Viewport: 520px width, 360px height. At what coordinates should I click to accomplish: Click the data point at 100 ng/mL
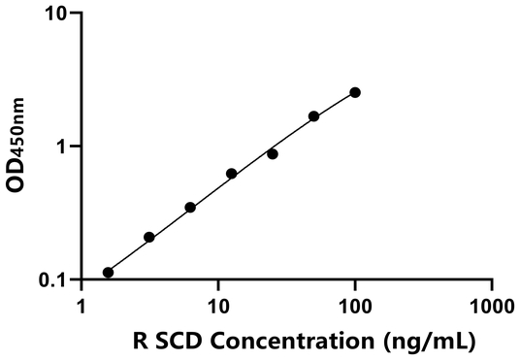pos(355,92)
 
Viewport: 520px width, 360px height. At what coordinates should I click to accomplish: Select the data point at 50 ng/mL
pos(313,116)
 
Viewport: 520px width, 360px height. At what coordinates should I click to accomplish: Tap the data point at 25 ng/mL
pos(273,154)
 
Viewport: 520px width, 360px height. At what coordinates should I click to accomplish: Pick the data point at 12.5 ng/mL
pos(232,174)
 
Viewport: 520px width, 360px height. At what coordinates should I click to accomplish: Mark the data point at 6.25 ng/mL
pos(190,208)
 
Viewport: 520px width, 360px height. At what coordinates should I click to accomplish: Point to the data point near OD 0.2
pos(149,237)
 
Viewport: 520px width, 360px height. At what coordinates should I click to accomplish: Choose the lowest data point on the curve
pos(108,273)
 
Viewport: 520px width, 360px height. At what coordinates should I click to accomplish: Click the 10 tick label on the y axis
pos(56,14)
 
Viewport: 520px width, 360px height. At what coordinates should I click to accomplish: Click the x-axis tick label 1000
pos(492,307)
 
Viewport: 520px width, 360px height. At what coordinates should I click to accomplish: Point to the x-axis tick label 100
pos(355,307)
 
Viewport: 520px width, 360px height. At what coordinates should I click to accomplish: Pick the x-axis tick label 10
pos(218,307)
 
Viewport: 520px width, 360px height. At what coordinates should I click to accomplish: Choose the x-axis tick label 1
pos(81,307)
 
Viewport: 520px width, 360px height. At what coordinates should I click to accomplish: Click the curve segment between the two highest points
pos(335,103)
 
